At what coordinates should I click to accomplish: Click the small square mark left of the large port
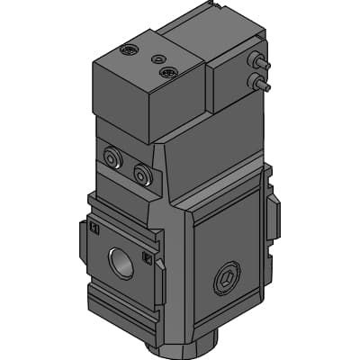(x=94, y=228)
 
